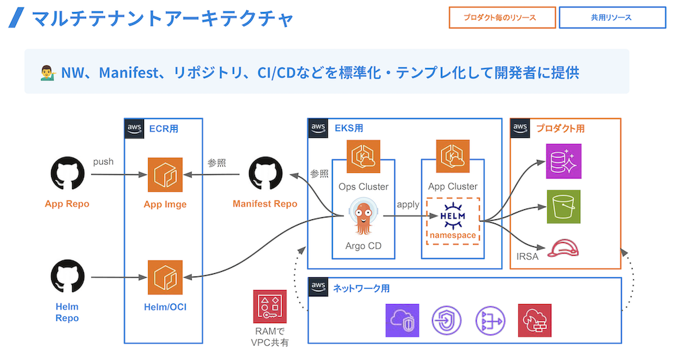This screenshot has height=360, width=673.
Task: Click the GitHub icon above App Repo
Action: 67,175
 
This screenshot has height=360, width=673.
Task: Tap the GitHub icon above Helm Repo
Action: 67,277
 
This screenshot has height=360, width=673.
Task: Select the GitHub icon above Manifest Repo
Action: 265,175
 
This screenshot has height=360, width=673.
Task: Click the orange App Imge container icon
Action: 166,175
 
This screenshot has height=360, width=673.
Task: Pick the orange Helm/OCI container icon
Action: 166,277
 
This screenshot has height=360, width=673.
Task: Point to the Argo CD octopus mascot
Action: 363,217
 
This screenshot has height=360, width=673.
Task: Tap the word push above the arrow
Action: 103,161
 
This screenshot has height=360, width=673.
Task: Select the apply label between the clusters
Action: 407,204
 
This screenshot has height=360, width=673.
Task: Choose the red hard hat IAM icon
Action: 563,248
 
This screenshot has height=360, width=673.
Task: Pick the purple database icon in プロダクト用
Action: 563,161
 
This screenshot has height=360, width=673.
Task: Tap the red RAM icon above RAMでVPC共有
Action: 269,307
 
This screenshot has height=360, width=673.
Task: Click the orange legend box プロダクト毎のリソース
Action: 502,17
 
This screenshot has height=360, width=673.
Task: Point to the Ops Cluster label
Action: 363,186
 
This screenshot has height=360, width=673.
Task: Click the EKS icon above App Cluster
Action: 452,157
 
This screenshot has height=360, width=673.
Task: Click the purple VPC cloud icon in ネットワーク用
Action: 402,320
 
